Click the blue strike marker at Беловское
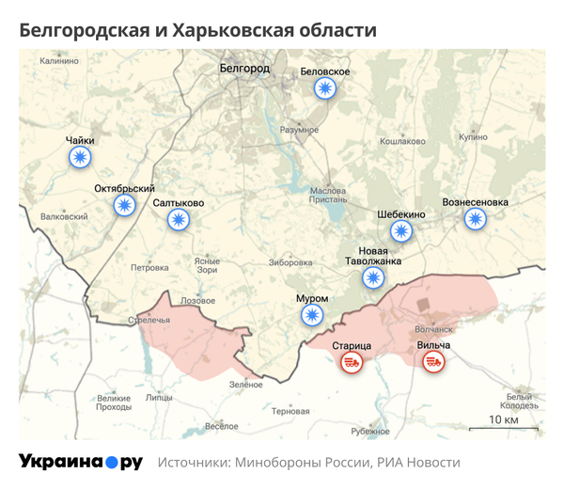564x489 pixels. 325,88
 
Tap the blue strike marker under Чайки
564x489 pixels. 80,158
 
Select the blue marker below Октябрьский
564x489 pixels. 124,205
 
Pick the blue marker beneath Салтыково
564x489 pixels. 178,219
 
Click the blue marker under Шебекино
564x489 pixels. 401,231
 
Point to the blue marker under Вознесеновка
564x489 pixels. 476,218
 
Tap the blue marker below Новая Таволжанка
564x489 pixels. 373,277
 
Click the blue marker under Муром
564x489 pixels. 312,315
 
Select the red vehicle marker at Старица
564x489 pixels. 352,362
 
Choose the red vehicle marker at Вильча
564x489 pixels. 433,362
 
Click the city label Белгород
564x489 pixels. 244,68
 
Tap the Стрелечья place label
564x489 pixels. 149,320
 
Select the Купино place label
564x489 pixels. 473,136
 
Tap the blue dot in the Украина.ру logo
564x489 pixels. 110,463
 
